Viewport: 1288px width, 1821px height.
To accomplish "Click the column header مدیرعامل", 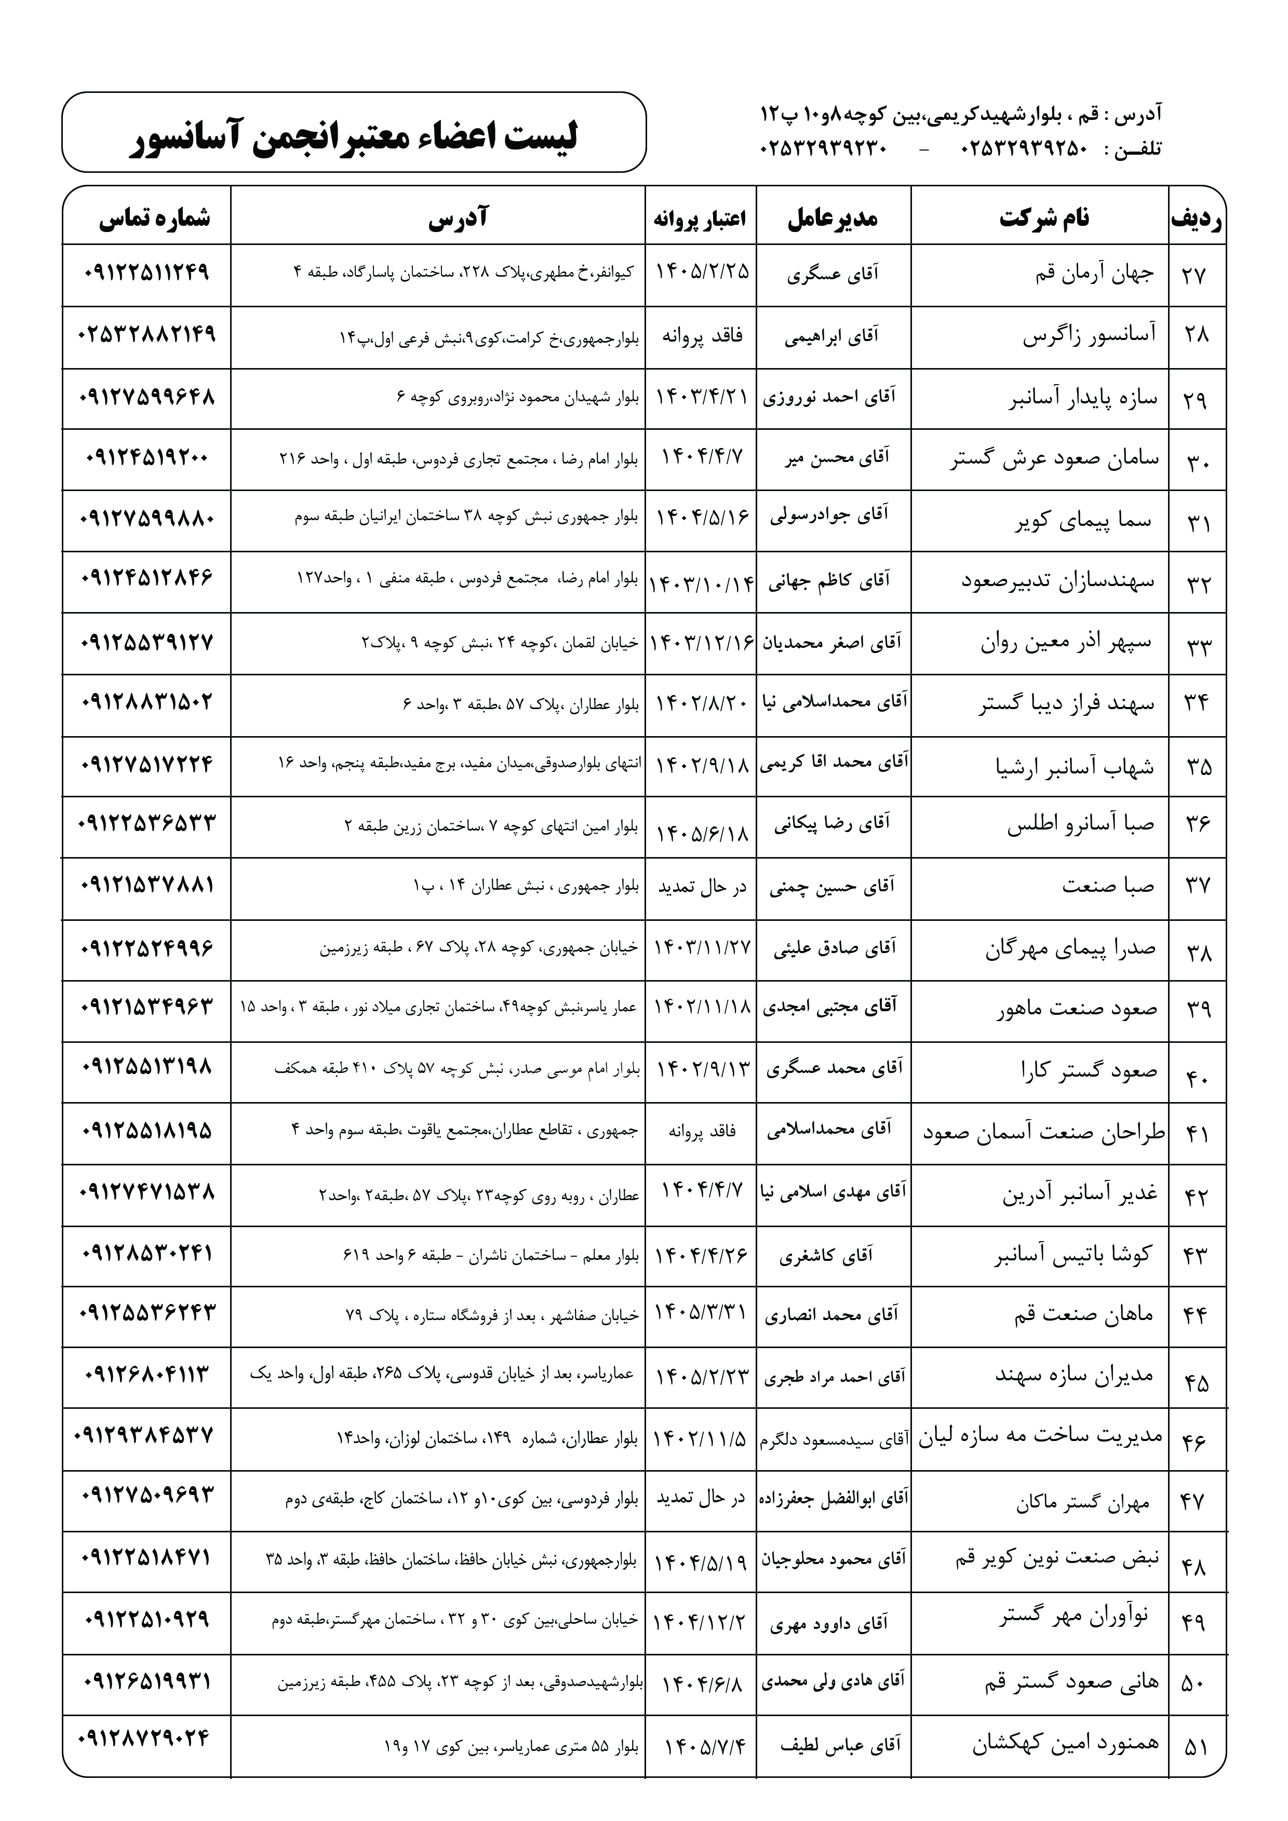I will point(833,218).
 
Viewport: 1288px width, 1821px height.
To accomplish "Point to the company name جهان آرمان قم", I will point(1095,275).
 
